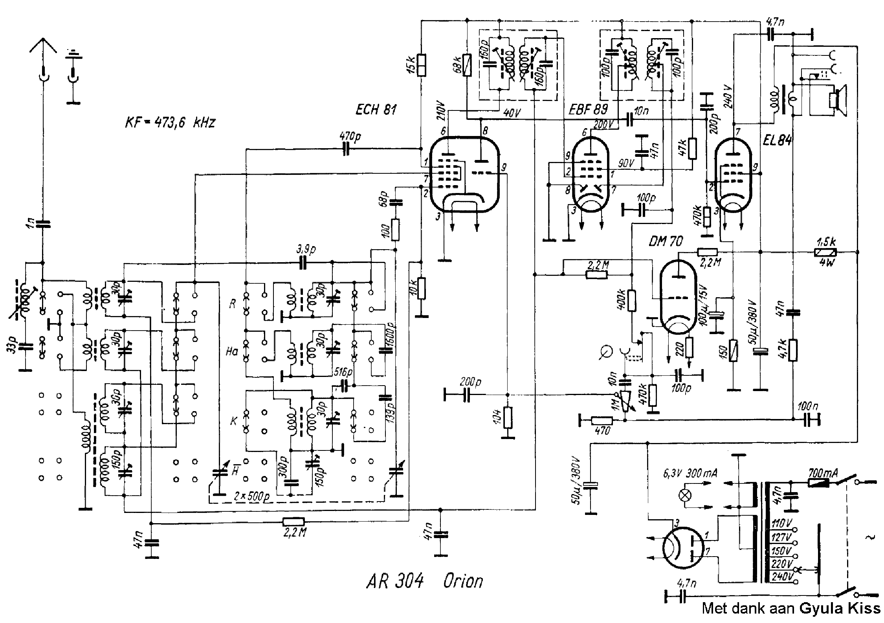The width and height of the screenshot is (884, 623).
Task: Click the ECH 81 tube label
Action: click(x=376, y=110)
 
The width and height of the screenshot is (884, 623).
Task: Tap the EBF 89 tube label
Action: click(x=589, y=110)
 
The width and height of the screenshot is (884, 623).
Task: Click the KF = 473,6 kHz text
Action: click(x=170, y=123)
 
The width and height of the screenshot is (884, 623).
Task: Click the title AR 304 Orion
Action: click(x=424, y=581)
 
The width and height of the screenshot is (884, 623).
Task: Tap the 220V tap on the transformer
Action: click(x=781, y=564)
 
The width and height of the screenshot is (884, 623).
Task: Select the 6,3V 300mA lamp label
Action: click(x=690, y=474)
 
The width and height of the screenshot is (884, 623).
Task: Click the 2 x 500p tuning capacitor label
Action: click(x=251, y=496)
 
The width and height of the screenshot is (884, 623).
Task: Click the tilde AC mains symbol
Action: click(x=870, y=537)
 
